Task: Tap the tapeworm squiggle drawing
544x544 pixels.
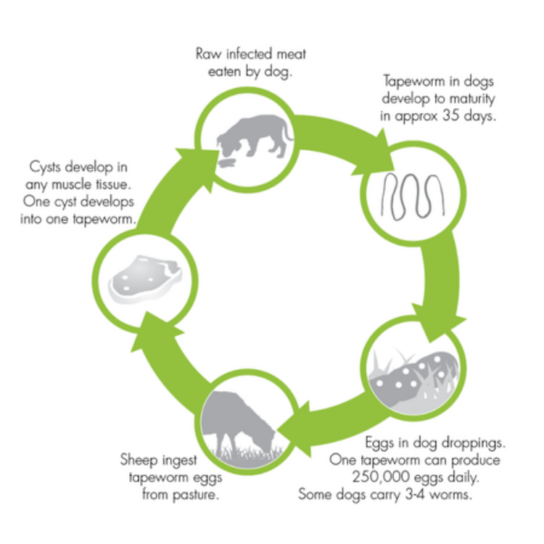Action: (413, 197)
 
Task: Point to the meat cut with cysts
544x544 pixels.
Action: (145, 280)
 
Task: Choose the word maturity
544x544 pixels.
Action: (472, 99)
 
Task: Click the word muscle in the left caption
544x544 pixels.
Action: (72, 184)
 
